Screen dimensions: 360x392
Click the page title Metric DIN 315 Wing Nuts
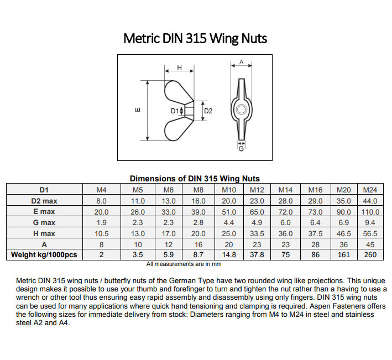pyautogui.click(x=195, y=38)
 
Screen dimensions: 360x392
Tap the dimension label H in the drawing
pyautogui.click(x=180, y=67)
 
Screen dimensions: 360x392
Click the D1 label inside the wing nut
pyautogui.click(x=174, y=111)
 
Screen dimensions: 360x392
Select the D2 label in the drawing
pyautogui.click(x=208, y=111)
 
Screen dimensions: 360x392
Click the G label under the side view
pyautogui.click(x=241, y=149)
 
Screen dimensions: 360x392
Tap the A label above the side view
pyautogui.click(x=241, y=62)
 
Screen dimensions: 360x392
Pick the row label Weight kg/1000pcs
pyautogui.click(x=44, y=254)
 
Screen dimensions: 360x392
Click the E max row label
pyautogui.click(x=44, y=211)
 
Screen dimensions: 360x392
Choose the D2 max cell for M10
pyautogui.click(x=229, y=201)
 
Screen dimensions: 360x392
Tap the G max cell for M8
pyautogui.click(x=198, y=222)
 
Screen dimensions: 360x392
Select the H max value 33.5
pyautogui.click(x=257, y=233)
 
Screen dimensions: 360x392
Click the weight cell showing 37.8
pyautogui.click(x=257, y=254)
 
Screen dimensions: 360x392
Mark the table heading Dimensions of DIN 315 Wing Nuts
pyautogui.click(x=195, y=179)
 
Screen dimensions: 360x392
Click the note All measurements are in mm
pyautogui.click(x=180, y=264)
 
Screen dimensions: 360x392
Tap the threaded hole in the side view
pyautogui.click(x=241, y=110)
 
